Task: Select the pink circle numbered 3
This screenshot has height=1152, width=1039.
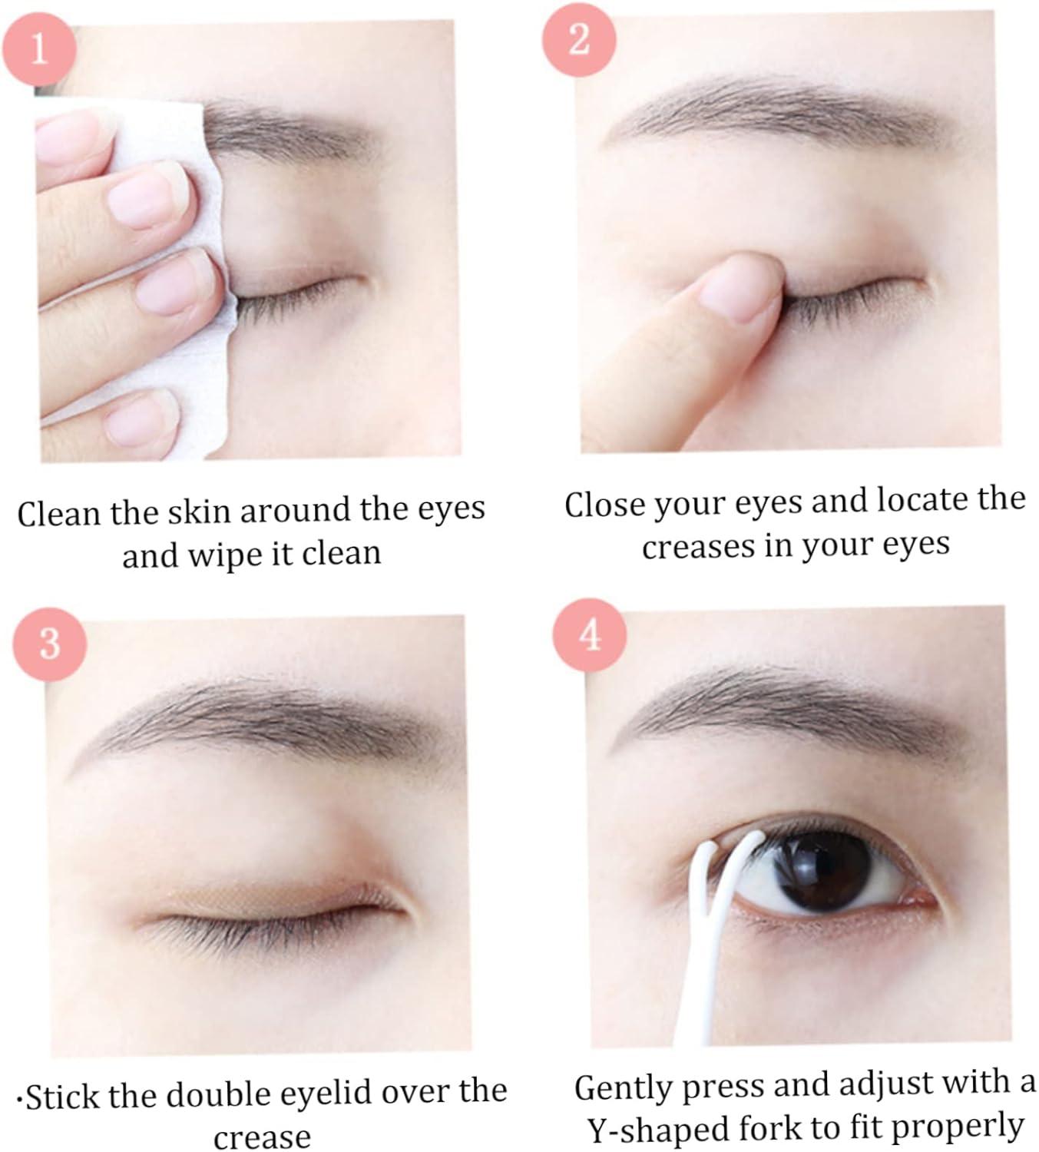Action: point(49,642)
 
